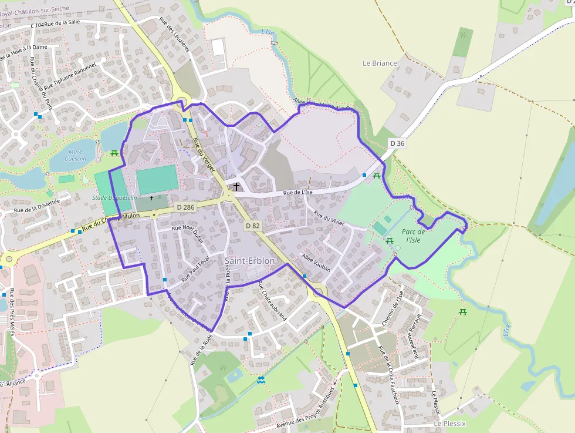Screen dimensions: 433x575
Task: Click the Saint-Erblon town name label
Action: coord(249,260)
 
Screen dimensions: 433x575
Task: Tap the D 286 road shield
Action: coord(185,207)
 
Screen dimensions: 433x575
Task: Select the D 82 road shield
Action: coord(253,225)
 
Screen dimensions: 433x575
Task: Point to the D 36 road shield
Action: coord(397,143)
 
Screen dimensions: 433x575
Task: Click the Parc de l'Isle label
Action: coord(414,236)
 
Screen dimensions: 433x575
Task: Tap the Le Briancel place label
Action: coord(380,63)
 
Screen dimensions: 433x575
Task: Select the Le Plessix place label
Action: coord(449,423)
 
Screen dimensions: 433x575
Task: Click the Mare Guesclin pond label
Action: coord(75,155)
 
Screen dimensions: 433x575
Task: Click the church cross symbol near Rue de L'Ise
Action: coord(236,187)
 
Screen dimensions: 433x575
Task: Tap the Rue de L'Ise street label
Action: coord(298,192)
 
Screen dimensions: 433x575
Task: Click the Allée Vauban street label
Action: coord(316,262)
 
